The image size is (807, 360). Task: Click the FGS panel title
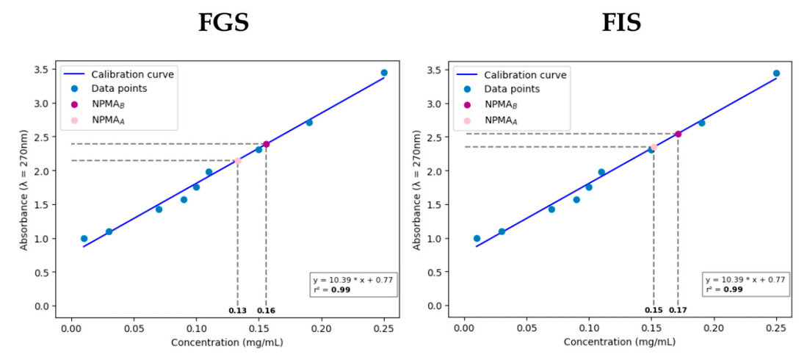tap(223, 23)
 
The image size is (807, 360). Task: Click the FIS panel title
tap(621, 23)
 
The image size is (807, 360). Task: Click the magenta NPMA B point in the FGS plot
tap(266, 144)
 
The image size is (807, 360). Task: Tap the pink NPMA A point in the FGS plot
tap(237, 160)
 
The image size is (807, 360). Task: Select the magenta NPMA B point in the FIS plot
tap(678, 134)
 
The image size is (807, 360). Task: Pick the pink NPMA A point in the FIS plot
tap(653, 147)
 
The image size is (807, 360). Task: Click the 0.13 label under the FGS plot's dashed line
tap(237, 310)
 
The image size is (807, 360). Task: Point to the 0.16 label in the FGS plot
tap(266, 310)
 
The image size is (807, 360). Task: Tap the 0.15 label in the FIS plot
tap(653, 310)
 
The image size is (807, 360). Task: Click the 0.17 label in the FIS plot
tap(678, 310)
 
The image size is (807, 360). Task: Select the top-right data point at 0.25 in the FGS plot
tap(384, 73)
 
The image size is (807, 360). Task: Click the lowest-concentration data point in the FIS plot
tap(477, 238)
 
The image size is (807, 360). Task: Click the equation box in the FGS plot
tap(355, 284)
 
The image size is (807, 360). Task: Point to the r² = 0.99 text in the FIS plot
tap(725, 289)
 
